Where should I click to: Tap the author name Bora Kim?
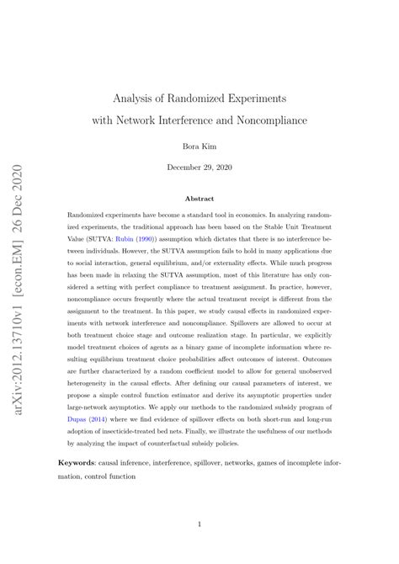199,146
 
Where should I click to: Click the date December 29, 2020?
199,168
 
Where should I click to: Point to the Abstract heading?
199,199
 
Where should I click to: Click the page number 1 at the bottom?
199,525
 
